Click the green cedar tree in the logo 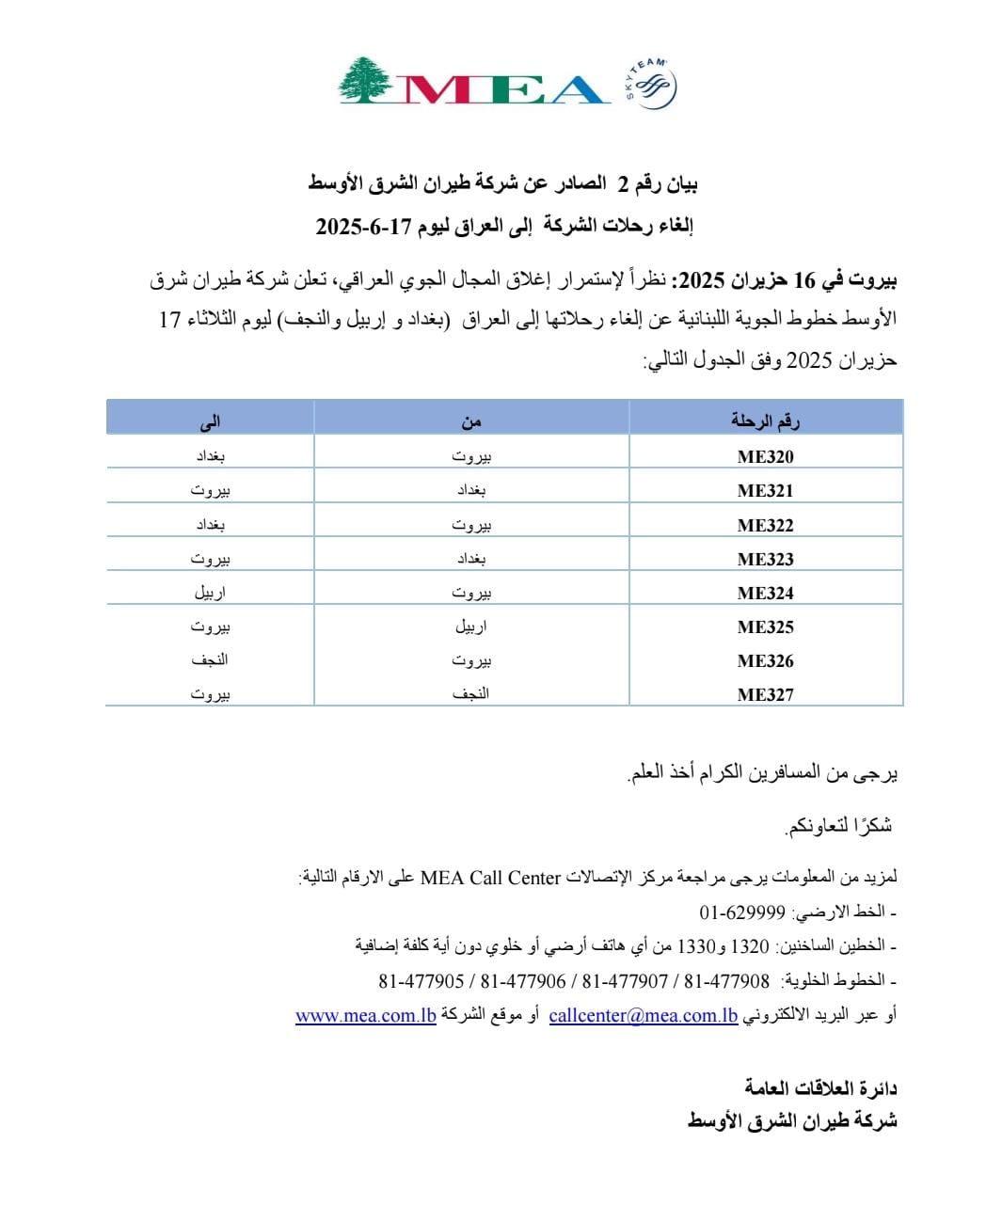point(366,80)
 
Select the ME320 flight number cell point(765,457)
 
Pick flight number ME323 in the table point(765,559)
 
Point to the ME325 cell point(765,627)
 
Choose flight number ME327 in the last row point(765,694)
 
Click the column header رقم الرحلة point(765,421)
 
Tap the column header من point(471,421)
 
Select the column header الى point(210,421)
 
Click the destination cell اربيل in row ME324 point(210,593)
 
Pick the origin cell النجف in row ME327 point(470,694)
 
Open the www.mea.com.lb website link point(365,1016)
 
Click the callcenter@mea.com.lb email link point(644,1016)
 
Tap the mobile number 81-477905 point(421,981)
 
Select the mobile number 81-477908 point(726,981)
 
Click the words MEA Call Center point(490,878)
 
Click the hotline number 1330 point(697,946)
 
